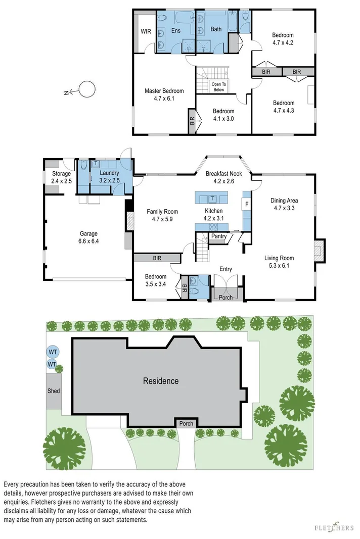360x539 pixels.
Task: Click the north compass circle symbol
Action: (87, 89)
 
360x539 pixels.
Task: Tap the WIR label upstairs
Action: (146, 31)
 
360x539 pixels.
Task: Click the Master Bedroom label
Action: (164, 91)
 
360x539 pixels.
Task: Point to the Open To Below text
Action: (218, 87)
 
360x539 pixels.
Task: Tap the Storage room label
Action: (62, 174)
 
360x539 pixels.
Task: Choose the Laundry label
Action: (109, 173)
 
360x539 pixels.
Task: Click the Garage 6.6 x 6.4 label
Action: (88, 237)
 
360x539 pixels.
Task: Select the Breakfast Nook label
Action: (223, 173)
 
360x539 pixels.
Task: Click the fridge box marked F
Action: (247, 204)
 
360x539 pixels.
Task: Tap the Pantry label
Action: (219, 236)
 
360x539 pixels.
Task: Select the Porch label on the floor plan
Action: (226, 297)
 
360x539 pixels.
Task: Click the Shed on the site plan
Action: (54, 391)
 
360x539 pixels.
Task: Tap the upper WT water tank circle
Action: (52, 352)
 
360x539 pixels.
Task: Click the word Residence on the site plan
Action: (160, 381)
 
